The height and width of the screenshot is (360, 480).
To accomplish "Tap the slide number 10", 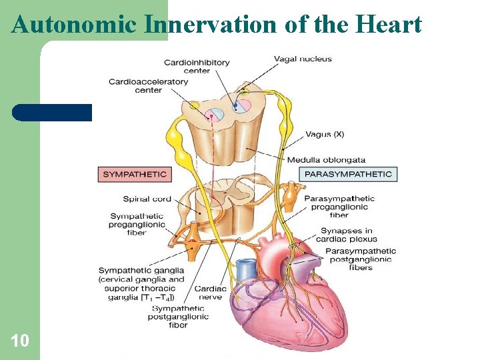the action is pyautogui.click(x=20, y=341).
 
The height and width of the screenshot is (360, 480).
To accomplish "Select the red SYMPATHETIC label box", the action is pyautogui.click(x=134, y=175).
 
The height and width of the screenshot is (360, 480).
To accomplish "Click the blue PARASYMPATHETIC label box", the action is pyautogui.click(x=348, y=175).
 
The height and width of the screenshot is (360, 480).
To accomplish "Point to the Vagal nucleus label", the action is pyautogui.click(x=303, y=59).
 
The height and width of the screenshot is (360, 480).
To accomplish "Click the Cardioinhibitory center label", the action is pyautogui.click(x=197, y=67).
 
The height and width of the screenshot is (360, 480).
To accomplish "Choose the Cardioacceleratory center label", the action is pyautogui.click(x=148, y=86).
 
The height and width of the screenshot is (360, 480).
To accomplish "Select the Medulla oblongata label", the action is pyautogui.click(x=326, y=160).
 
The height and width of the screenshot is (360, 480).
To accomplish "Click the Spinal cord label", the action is pyautogui.click(x=147, y=199).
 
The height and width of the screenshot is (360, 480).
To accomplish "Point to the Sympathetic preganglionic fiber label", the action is pyautogui.click(x=137, y=225).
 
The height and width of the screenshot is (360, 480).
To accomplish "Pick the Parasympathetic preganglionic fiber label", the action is pyautogui.click(x=339, y=207).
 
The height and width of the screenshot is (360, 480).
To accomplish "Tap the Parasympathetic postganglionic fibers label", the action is pyautogui.click(x=360, y=259).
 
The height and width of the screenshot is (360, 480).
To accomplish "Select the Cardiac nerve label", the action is pyautogui.click(x=211, y=293).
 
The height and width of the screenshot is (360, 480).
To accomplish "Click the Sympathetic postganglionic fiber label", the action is pyautogui.click(x=178, y=317).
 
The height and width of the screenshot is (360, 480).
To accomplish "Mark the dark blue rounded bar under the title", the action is pyautogui.click(x=52, y=113).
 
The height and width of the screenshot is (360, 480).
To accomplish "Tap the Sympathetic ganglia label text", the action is pyautogui.click(x=141, y=284).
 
